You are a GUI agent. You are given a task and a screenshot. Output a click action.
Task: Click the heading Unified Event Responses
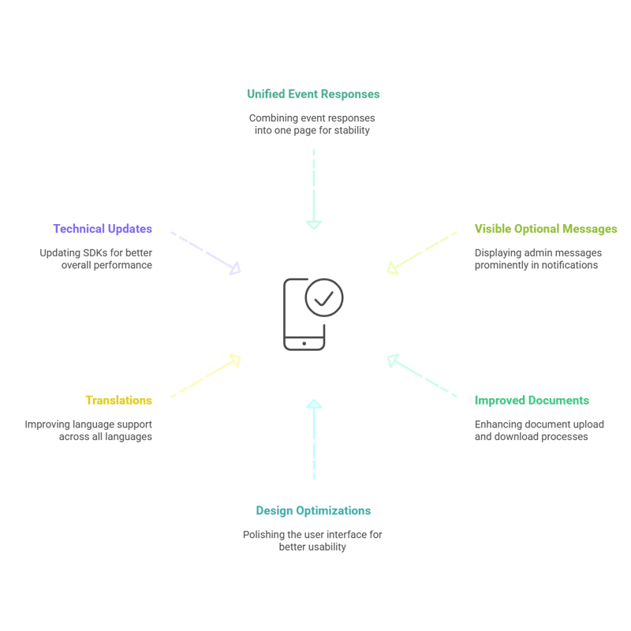(x=313, y=94)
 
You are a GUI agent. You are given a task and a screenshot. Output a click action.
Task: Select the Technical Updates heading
(x=103, y=229)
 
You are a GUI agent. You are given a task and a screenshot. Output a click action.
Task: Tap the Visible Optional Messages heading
(x=546, y=229)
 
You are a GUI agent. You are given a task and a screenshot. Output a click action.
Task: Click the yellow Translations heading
(x=118, y=400)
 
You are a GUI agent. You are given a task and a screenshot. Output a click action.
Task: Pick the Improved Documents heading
(x=532, y=400)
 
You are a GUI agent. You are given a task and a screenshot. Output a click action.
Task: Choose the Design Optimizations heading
(x=313, y=510)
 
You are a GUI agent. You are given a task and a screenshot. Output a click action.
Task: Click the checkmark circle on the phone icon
(x=323, y=298)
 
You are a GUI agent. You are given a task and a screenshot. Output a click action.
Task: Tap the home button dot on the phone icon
(x=304, y=343)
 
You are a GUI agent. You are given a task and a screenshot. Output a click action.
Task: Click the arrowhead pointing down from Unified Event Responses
(x=314, y=224)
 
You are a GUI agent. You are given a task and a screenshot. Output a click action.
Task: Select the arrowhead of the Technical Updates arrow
(x=234, y=271)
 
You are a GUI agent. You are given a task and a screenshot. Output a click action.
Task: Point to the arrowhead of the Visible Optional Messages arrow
(x=392, y=269)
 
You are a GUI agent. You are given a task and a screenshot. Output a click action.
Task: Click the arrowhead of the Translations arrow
(x=234, y=360)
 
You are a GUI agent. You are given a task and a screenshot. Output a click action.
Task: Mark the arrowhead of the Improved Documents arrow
(x=393, y=360)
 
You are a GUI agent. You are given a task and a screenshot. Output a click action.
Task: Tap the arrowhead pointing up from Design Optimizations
(x=314, y=405)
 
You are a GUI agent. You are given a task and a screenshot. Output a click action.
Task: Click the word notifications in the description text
(x=569, y=266)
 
